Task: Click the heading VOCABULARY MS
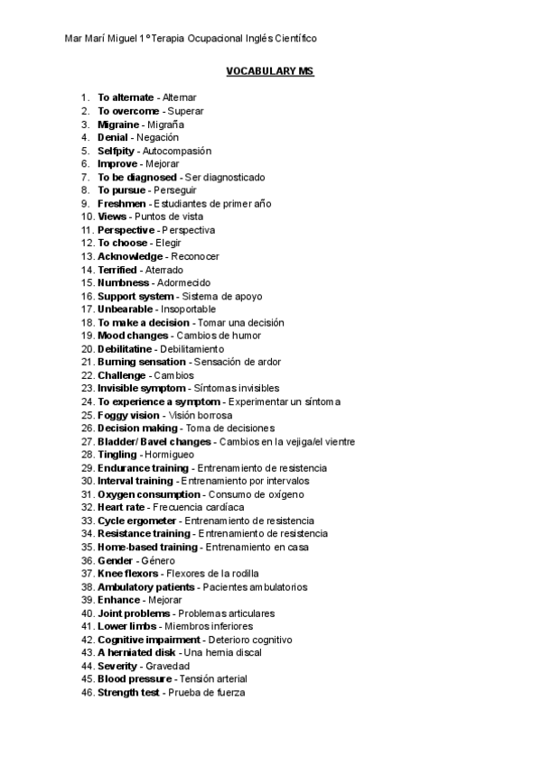click(x=270, y=70)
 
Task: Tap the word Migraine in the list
click(x=118, y=124)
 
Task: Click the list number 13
click(x=87, y=256)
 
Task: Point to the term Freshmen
click(x=121, y=204)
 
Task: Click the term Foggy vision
click(x=128, y=415)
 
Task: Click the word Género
click(x=158, y=560)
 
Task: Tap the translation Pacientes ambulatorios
click(x=255, y=586)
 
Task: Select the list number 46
click(x=87, y=692)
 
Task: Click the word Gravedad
click(x=168, y=666)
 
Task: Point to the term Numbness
click(x=124, y=283)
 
